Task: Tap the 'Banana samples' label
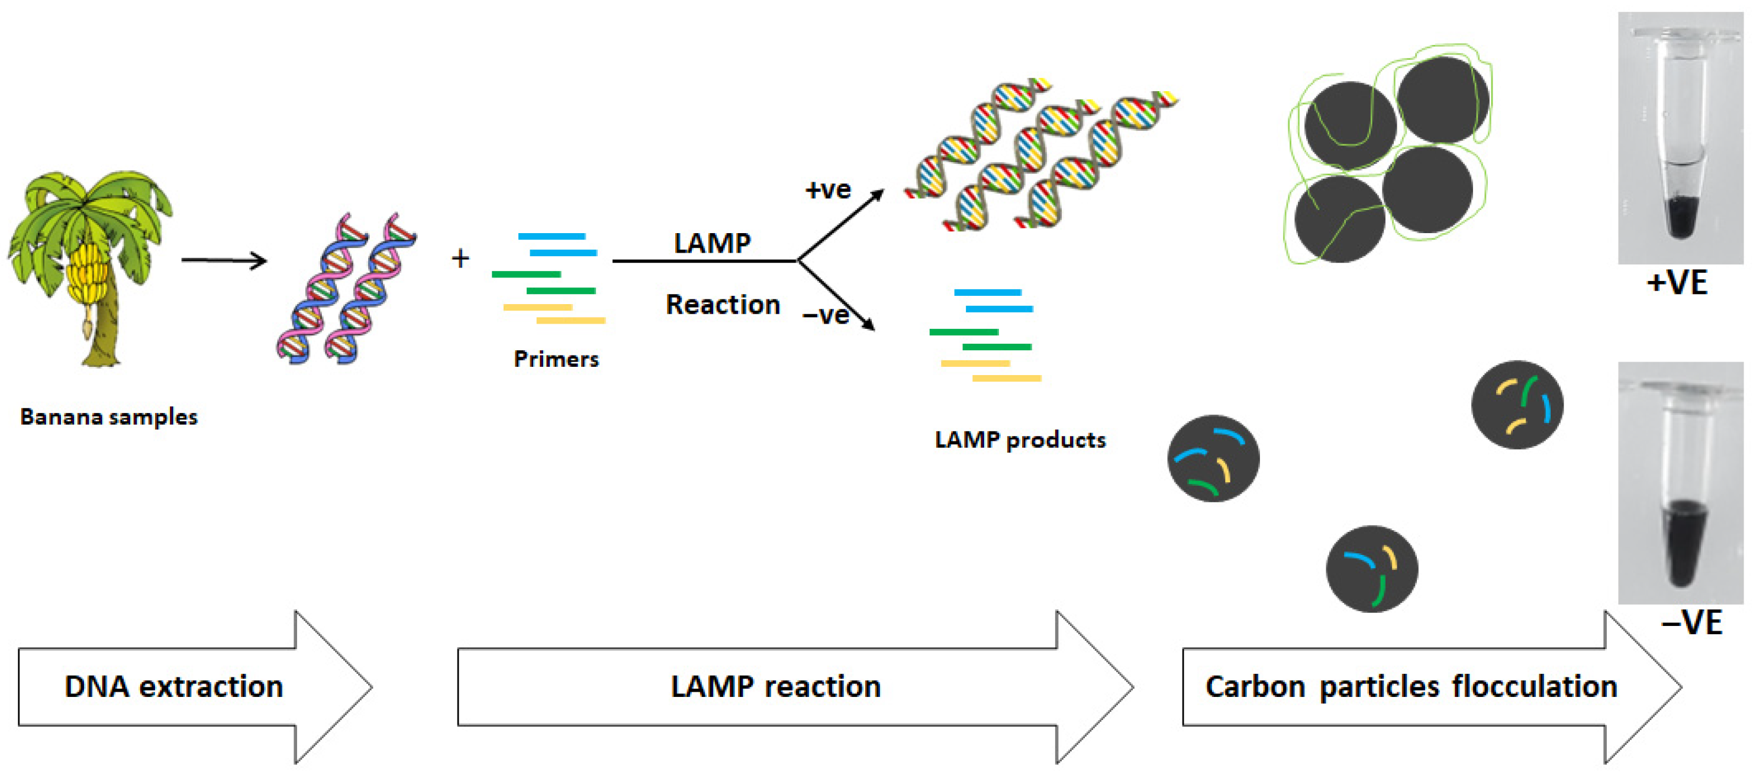[109, 416]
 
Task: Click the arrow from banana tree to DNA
[224, 260]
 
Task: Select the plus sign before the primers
[460, 258]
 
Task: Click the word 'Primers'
[556, 359]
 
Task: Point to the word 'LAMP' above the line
[712, 243]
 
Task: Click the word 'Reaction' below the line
[723, 304]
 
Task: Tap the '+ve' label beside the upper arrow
[827, 189]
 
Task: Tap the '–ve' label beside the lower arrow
[826, 315]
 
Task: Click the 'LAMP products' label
[1019, 440]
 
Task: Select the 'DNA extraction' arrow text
[173, 686]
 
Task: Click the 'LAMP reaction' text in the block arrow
[775, 686]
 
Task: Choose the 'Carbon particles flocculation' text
[1411, 686]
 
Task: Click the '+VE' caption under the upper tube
[1677, 282]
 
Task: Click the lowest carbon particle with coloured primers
[1371, 569]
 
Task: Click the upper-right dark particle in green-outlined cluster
[1442, 100]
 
